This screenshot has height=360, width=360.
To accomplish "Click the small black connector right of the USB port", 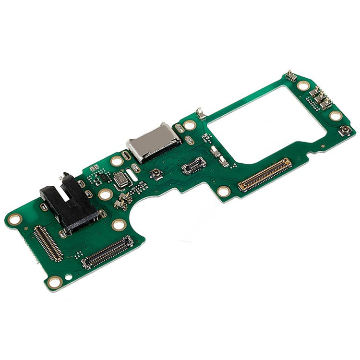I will (x=194, y=165).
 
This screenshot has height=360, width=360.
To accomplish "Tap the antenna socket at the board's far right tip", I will (x=345, y=131).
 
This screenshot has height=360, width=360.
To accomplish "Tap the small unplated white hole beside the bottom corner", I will (x=69, y=277).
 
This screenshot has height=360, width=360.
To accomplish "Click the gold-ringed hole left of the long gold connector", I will (x=223, y=191).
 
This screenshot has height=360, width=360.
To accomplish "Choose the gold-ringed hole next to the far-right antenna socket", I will (x=336, y=116).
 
